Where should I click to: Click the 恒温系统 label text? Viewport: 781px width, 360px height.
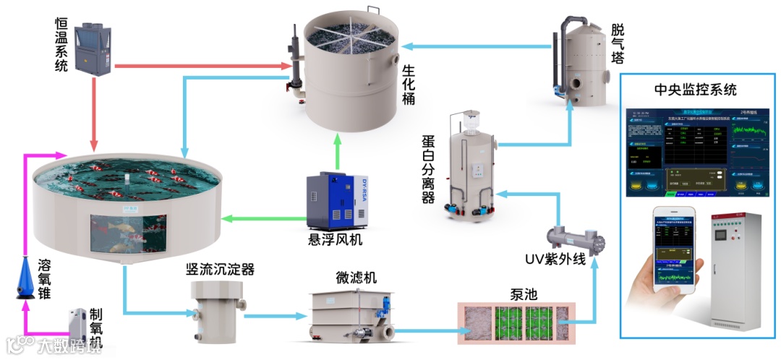[x=61, y=43]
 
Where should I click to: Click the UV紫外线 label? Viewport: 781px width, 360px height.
[x=557, y=260]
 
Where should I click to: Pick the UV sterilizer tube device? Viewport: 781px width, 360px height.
[x=575, y=236]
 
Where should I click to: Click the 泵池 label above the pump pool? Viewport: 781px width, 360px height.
[x=513, y=293]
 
